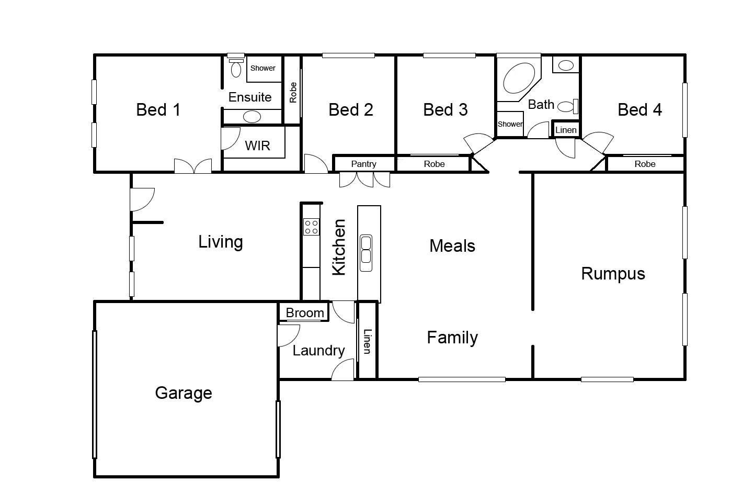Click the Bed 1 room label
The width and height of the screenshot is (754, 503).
tap(158, 109)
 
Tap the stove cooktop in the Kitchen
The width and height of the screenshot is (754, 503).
tap(312, 227)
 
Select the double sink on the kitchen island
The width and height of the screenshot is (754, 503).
tap(366, 250)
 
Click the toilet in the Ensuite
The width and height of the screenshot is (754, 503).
tap(236, 68)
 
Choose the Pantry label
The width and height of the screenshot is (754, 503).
tap(363, 164)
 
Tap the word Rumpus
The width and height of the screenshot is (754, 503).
tap(613, 274)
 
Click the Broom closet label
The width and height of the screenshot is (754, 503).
tap(305, 313)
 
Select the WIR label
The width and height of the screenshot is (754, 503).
tap(257, 146)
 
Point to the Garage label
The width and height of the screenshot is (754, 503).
tap(184, 393)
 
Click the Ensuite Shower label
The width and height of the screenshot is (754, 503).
tap(262, 68)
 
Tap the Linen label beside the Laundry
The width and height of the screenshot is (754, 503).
tap(367, 341)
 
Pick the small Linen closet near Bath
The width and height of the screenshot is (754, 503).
tap(566, 130)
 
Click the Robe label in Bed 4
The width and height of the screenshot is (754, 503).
tap(645, 164)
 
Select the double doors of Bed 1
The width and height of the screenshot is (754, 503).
tap(193, 166)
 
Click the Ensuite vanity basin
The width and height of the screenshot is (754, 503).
tap(252, 117)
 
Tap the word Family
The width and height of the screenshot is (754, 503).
tap(452, 338)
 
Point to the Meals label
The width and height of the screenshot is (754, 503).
tap(452, 246)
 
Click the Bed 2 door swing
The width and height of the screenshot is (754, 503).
tap(315, 164)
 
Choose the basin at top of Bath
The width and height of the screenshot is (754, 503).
tap(566, 65)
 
